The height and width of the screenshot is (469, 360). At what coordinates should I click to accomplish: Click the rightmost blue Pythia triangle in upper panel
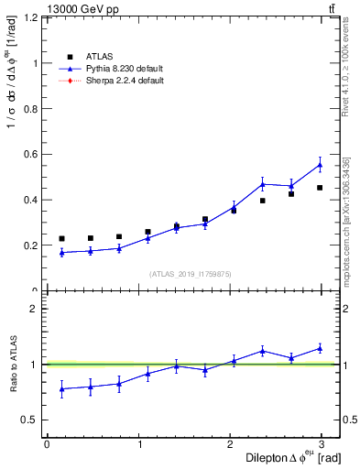(320, 165)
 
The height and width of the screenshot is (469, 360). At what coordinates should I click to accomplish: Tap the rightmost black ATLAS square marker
(320, 188)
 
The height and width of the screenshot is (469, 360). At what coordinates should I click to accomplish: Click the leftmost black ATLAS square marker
(61, 239)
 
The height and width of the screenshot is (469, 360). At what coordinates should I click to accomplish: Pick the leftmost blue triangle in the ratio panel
(61, 388)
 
